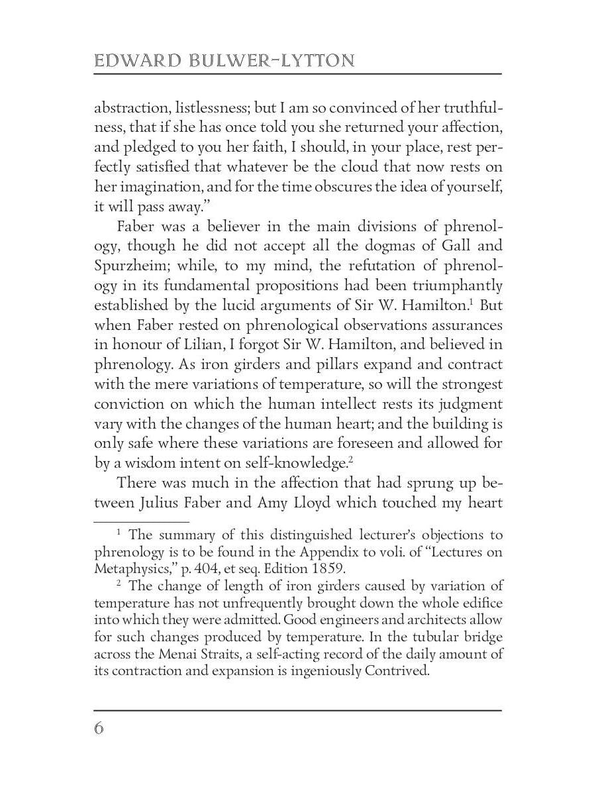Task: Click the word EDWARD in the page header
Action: tap(128, 62)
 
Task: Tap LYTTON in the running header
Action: tap(315, 62)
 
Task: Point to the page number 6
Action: tap(99, 728)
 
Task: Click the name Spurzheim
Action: tap(133, 266)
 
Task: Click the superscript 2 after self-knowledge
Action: tap(350, 458)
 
